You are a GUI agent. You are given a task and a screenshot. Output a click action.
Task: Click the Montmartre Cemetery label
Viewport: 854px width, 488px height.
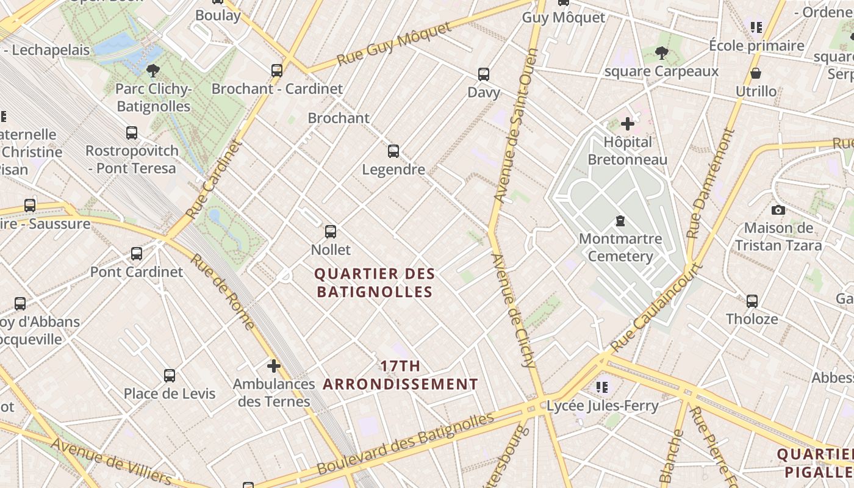[620, 247]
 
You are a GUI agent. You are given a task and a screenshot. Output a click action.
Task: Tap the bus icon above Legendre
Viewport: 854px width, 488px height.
[393, 151]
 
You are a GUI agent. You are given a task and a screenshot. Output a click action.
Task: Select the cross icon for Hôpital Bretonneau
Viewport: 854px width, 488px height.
[627, 124]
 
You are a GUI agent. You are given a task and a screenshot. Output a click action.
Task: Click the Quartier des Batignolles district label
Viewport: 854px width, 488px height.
[374, 282]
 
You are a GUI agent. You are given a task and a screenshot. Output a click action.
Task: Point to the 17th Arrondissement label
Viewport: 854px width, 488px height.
[400, 375]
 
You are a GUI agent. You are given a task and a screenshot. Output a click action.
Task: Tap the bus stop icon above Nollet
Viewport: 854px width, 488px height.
[331, 232]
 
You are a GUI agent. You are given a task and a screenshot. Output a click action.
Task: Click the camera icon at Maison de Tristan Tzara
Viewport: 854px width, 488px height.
[778, 210]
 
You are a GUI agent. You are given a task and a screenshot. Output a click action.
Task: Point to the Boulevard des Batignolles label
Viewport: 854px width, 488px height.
[405, 444]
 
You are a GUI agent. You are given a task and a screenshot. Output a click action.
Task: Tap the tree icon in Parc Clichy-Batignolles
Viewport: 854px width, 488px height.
[153, 71]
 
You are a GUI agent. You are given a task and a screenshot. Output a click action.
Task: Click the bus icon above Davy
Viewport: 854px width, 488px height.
[484, 74]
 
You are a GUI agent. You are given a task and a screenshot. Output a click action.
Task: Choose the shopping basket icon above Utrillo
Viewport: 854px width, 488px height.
[756, 74]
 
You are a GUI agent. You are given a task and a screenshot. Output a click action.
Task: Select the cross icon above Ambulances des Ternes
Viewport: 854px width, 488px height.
[274, 366]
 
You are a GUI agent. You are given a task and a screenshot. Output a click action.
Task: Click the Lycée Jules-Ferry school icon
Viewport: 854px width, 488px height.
[603, 387]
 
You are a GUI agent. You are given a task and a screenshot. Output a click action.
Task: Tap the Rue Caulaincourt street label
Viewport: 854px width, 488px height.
[656, 307]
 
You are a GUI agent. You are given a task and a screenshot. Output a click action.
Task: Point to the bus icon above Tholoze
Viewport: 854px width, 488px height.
[752, 301]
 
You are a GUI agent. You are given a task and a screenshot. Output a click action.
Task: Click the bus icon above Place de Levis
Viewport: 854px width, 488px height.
[170, 376]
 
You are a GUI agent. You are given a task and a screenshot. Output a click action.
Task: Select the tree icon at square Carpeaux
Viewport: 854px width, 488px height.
[661, 54]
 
